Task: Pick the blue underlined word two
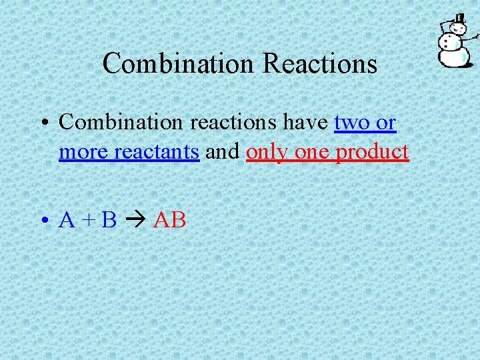coord(352,123)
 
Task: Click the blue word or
coord(386,123)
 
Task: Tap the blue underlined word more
coord(83,152)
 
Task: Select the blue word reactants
coord(156,152)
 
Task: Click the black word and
coord(223,152)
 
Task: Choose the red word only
coord(267,152)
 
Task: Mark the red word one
coord(312,152)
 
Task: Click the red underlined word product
coord(372,152)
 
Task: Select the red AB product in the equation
coord(169,220)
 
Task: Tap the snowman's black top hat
coord(459,19)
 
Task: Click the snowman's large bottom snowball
coord(453,56)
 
